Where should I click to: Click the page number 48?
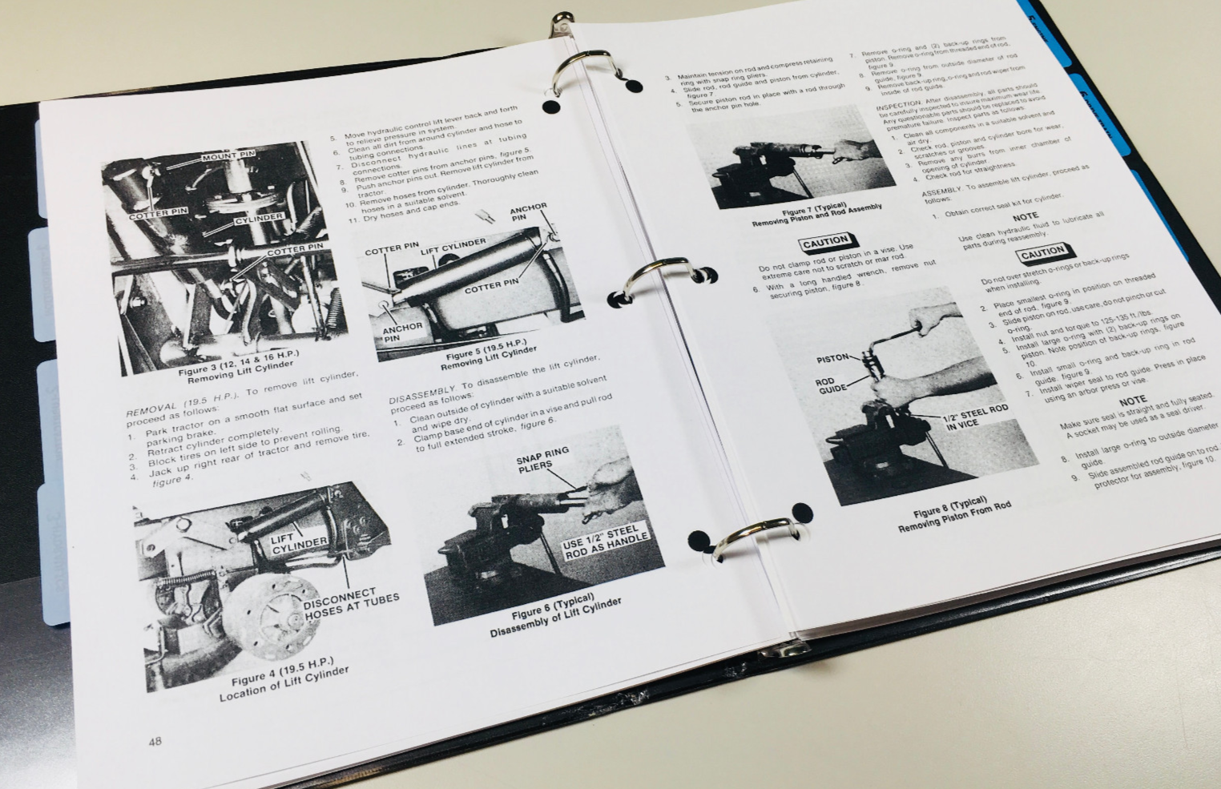(155, 741)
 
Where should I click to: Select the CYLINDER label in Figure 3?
(259, 218)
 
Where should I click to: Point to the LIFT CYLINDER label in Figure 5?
(453, 243)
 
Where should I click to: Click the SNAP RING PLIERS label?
(542, 457)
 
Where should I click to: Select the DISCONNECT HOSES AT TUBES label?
(350, 606)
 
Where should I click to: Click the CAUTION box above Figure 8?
(826, 241)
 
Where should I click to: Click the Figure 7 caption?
(816, 214)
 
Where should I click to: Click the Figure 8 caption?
(953, 517)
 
